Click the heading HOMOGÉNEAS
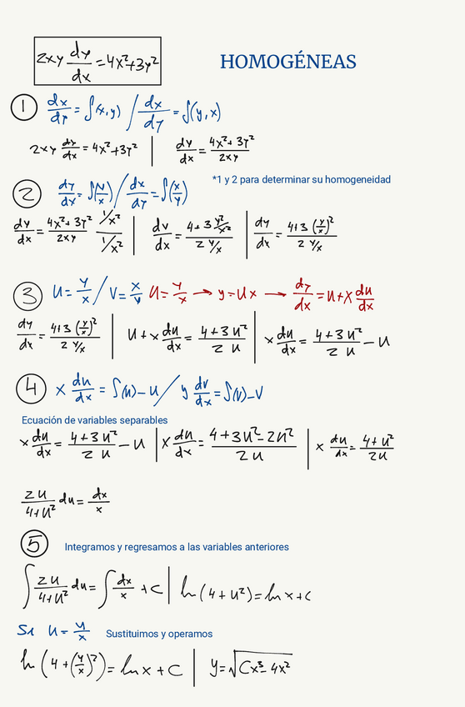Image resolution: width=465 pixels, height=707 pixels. (x=287, y=62)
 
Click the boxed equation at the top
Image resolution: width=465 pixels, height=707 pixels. (x=97, y=61)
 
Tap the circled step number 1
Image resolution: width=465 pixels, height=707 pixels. (x=24, y=108)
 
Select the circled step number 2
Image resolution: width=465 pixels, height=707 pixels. (x=27, y=194)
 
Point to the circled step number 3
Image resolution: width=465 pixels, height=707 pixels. (x=27, y=294)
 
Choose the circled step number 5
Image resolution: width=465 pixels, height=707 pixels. (x=34, y=544)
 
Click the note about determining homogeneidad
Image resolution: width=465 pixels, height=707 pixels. (x=301, y=179)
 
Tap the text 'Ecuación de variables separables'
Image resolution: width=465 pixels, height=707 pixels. (x=94, y=419)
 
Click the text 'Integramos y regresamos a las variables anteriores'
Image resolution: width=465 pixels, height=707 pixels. (x=177, y=547)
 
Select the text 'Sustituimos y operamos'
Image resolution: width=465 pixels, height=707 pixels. (x=159, y=634)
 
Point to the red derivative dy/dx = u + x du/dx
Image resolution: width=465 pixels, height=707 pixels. (x=332, y=294)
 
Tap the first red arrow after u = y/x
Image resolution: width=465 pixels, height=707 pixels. (x=200, y=293)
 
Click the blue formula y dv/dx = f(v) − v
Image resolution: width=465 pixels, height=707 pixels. (x=223, y=388)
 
